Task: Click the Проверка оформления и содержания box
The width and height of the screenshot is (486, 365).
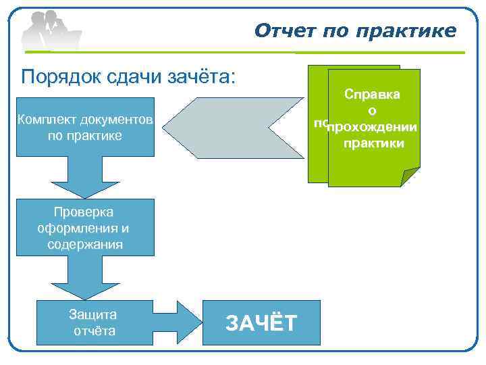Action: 85,228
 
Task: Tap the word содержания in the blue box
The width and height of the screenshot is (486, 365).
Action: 85,244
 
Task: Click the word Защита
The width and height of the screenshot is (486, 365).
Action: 93,314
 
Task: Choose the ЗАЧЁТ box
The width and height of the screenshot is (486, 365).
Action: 261,323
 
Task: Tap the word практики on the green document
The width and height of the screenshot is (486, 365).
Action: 373,143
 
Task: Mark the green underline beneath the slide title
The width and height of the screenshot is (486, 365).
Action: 357,53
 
